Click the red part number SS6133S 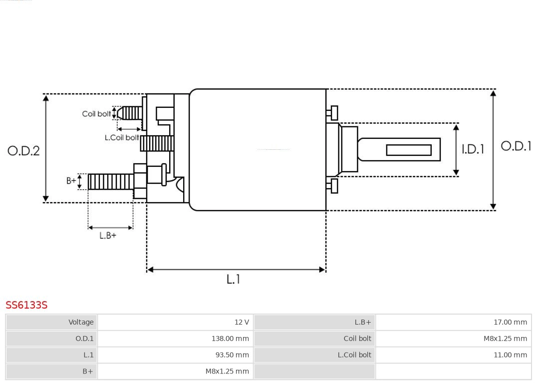(x=26, y=305)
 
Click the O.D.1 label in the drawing (x=516, y=146)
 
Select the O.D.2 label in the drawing (x=23, y=151)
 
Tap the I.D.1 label (x=472, y=149)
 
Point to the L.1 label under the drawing (x=233, y=280)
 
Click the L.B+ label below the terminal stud (x=107, y=236)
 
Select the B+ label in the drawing (x=71, y=181)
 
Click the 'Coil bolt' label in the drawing (x=96, y=114)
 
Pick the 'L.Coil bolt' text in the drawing (x=121, y=137)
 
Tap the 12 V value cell (x=242, y=322)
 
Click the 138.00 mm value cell (x=230, y=339)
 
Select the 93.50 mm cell (x=232, y=355)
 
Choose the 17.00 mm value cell (x=510, y=322)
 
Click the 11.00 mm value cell (x=510, y=355)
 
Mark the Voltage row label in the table (x=81, y=322)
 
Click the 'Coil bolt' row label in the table (x=357, y=339)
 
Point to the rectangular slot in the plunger (x=409, y=150)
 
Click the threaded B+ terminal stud (x=110, y=182)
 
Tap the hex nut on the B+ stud (x=140, y=181)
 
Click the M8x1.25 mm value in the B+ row (x=227, y=371)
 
